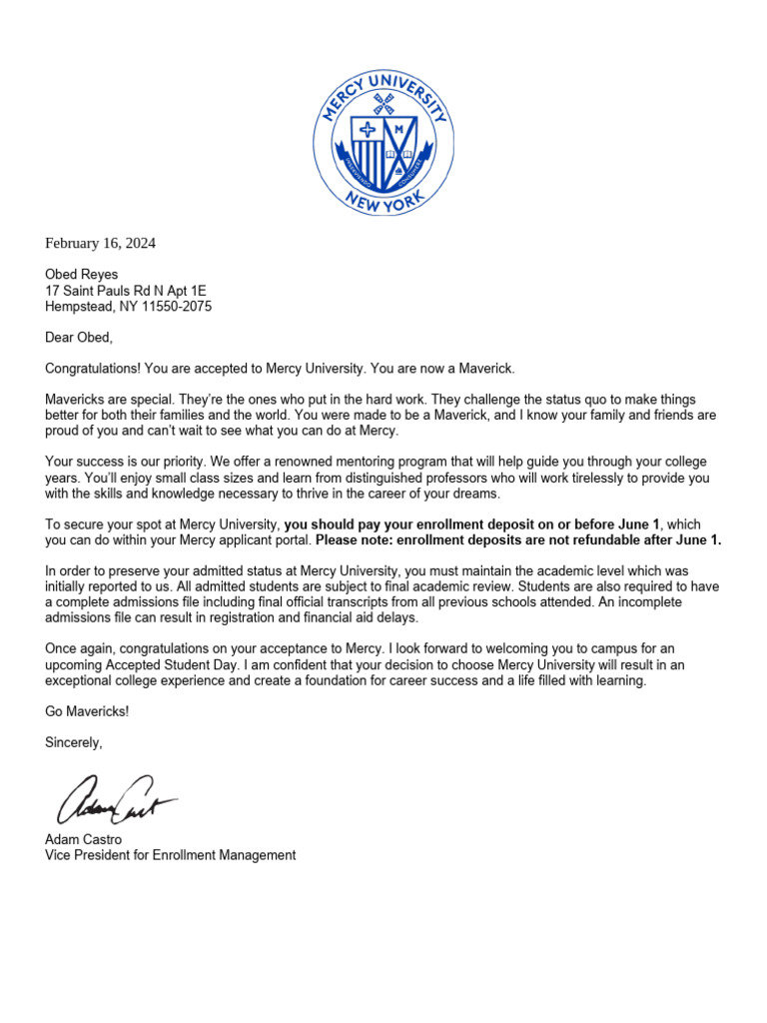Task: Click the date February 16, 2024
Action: (x=100, y=243)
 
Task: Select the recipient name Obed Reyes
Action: (x=81, y=274)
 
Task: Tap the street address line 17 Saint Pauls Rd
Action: (x=125, y=291)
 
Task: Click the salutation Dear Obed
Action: (x=79, y=338)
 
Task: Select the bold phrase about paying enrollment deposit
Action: (x=472, y=524)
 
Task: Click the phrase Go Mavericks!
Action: (x=87, y=711)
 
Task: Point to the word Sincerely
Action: (x=74, y=742)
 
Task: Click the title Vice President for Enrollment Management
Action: (x=170, y=855)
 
